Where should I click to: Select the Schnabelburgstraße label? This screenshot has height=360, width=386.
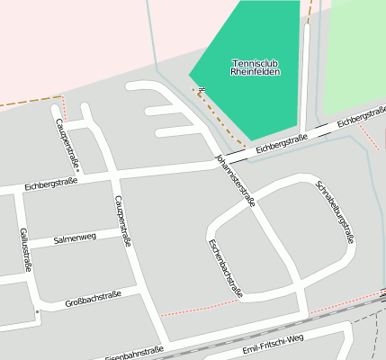(335, 212)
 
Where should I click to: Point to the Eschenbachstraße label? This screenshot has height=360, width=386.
(224, 267)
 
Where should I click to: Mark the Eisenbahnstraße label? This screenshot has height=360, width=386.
(134, 354)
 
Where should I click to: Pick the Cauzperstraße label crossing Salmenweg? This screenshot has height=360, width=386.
(123, 220)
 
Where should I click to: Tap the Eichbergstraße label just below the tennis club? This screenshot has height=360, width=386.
(281, 142)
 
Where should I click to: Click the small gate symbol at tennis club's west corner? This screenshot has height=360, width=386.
(192, 89)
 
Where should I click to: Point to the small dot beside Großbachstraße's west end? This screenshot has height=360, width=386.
(37, 312)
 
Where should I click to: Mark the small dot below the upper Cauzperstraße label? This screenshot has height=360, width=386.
(78, 170)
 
